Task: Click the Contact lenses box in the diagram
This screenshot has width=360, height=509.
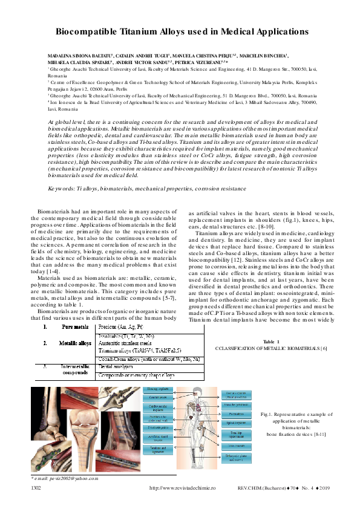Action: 158,397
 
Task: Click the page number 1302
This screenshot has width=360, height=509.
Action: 37,488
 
